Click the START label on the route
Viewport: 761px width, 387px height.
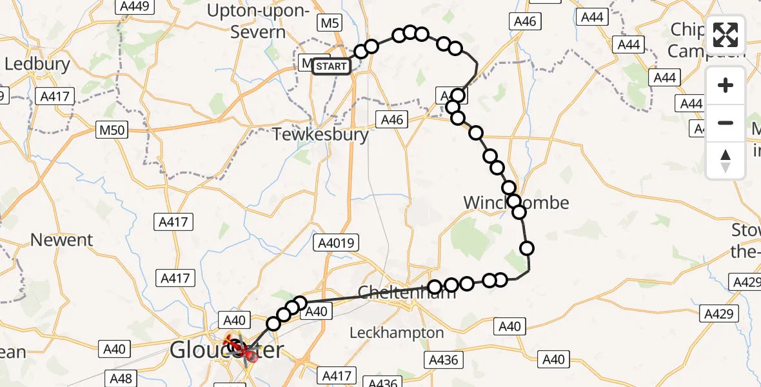331,66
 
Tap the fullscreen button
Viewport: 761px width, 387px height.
726,35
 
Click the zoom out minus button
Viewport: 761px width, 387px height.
726,123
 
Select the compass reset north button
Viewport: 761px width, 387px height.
726,160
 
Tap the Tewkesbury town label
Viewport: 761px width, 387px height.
321,135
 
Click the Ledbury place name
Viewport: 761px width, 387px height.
37,64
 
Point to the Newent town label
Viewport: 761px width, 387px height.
62,240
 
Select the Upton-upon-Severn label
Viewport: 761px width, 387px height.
256,21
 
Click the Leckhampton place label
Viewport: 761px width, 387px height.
397,333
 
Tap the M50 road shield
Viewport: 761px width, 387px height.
110,130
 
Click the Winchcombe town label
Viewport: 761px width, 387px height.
516,203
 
